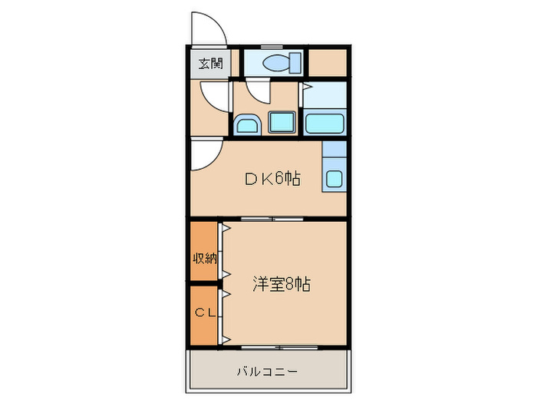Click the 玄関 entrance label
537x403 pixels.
tap(210, 63)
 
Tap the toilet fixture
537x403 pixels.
tap(278, 63)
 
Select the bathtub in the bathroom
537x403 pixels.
tap(325, 123)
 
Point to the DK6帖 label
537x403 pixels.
tap(272, 180)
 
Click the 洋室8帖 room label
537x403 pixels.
tap(282, 283)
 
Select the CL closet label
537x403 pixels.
tap(204, 313)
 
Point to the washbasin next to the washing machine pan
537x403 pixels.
tap(246, 124)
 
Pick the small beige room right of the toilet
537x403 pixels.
tap(328, 62)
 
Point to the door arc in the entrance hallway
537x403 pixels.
tap(216, 95)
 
